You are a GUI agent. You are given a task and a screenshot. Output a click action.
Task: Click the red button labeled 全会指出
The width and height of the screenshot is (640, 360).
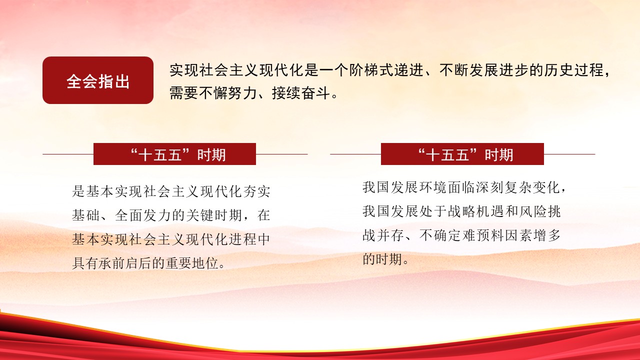point(98,80)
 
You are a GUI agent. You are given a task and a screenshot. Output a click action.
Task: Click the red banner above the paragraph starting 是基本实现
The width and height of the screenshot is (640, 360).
point(174,154)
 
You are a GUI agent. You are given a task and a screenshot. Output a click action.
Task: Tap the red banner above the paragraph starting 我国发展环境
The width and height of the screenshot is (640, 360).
point(462,154)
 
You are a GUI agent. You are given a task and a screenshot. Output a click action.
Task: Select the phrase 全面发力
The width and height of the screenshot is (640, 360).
point(143,215)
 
